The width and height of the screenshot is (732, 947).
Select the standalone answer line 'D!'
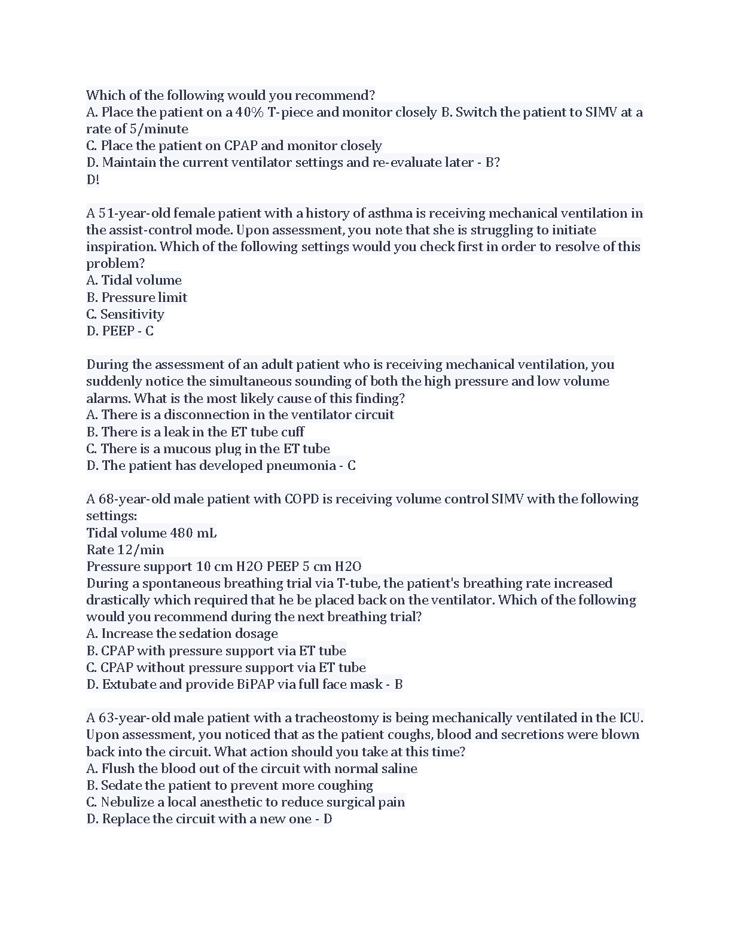point(93,179)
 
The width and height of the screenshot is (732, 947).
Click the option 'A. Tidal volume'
point(134,280)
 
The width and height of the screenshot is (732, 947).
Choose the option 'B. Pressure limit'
point(136,297)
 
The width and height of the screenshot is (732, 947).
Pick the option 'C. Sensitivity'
point(125,314)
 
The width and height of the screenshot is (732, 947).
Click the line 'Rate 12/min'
point(125,549)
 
